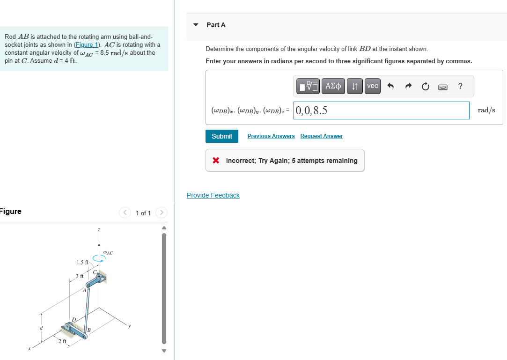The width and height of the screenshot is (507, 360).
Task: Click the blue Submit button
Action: pyautogui.click(x=221, y=136)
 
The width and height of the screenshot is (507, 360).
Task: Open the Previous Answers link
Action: pyautogui.click(x=271, y=136)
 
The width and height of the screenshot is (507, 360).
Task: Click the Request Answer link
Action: pyautogui.click(x=321, y=136)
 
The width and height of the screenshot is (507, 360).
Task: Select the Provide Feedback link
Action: pyautogui.click(x=213, y=195)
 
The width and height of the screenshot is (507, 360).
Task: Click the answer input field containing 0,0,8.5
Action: pyautogui.click(x=381, y=110)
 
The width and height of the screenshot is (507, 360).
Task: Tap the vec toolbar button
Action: pyautogui.click(x=373, y=86)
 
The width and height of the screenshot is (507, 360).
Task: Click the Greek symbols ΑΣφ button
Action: pyautogui.click(x=333, y=86)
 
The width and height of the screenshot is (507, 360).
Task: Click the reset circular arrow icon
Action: pyautogui.click(x=425, y=86)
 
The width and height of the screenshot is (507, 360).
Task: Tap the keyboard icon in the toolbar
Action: pyautogui.click(x=442, y=86)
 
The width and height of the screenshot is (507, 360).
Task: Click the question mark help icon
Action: pyautogui.click(x=461, y=86)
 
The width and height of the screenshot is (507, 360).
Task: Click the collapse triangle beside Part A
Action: pyautogui.click(x=196, y=25)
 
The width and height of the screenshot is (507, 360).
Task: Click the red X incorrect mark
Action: pyautogui.click(x=216, y=161)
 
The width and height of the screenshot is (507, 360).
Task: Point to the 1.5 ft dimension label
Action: pyautogui.click(x=82, y=262)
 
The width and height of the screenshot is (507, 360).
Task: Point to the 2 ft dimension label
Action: pyautogui.click(x=62, y=341)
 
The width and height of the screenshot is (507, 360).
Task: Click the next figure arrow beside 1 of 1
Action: pyautogui.click(x=161, y=213)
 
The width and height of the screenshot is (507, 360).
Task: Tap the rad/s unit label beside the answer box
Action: pyautogui.click(x=486, y=110)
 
